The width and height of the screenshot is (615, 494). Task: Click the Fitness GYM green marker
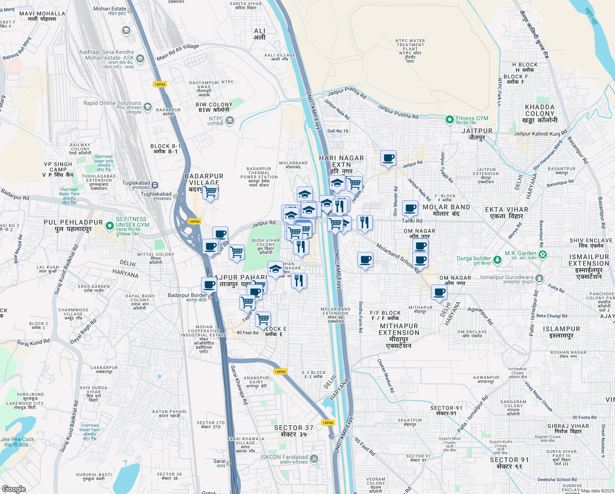coord(450,120)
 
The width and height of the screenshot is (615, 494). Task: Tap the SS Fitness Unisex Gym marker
coord(109,226)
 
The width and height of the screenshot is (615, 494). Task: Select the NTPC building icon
coord(230,121)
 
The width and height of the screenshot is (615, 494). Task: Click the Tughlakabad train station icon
coord(155,185)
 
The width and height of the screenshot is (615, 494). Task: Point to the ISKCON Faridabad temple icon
coord(314,458)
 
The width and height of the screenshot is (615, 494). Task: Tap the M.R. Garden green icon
coord(543,254)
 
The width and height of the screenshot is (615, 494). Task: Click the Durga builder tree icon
coord(497,260)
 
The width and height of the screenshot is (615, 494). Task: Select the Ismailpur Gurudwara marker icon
coord(539,279)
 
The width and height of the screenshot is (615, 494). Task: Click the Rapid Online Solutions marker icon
coord(148,107)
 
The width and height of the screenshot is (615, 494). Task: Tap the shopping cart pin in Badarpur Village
coord(210,191)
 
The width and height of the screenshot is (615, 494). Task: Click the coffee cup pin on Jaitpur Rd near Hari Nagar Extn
coord(388,158)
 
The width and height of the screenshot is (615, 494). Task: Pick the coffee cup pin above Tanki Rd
coord(410,208)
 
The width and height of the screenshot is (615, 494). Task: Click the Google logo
coord(14,489)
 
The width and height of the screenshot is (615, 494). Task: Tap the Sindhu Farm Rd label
coord(361,317)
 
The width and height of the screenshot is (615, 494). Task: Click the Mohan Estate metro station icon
coord(130,11)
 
